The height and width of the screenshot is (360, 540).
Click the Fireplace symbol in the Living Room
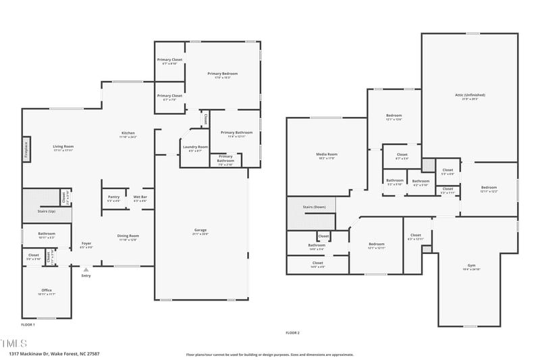(26, 149)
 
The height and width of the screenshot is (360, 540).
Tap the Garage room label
(200, 230)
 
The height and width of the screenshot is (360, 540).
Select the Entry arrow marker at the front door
(86, 269)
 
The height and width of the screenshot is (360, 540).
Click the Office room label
(47, 290)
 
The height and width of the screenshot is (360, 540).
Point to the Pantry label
(113, 197)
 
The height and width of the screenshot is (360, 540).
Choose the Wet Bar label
(140, 197)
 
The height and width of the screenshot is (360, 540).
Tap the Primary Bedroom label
(222, 74)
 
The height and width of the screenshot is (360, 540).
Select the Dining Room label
(128, 236)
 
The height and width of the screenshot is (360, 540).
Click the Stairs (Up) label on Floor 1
(47, 211)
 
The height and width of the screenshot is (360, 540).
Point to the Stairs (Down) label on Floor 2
(314, 207)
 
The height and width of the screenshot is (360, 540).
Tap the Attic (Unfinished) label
(469, 95)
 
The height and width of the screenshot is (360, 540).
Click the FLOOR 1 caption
(28, 325)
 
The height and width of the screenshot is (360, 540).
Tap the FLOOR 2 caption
(292, 332)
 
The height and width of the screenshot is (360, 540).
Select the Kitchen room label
(128, 133)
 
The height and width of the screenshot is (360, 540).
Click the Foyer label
(86, 243)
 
